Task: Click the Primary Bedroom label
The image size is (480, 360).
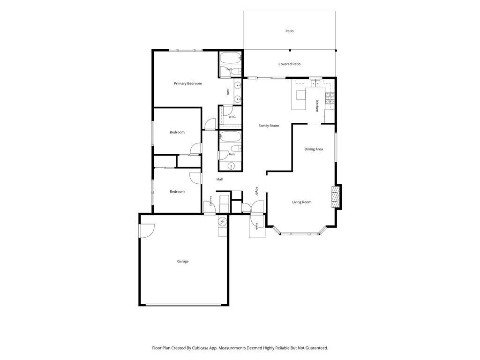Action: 187,83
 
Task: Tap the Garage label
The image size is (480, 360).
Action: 183,262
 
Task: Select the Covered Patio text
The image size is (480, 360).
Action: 289,64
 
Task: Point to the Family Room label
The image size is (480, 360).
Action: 269,126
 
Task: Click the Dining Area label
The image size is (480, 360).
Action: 314,150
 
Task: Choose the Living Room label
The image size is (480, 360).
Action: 301,202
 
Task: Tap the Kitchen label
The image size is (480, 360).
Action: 317,106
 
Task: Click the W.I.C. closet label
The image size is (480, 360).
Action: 232,117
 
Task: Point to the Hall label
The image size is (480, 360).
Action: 219,180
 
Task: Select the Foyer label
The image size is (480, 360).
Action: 256,191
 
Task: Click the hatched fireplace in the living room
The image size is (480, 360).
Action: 336,197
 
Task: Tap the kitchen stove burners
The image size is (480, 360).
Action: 330,98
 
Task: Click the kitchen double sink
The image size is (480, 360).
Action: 315,83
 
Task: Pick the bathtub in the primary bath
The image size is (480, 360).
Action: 230,57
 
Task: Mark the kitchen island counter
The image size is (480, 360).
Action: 299,99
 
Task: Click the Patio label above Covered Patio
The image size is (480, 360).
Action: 289,31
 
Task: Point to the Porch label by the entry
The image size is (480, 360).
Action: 256,226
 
